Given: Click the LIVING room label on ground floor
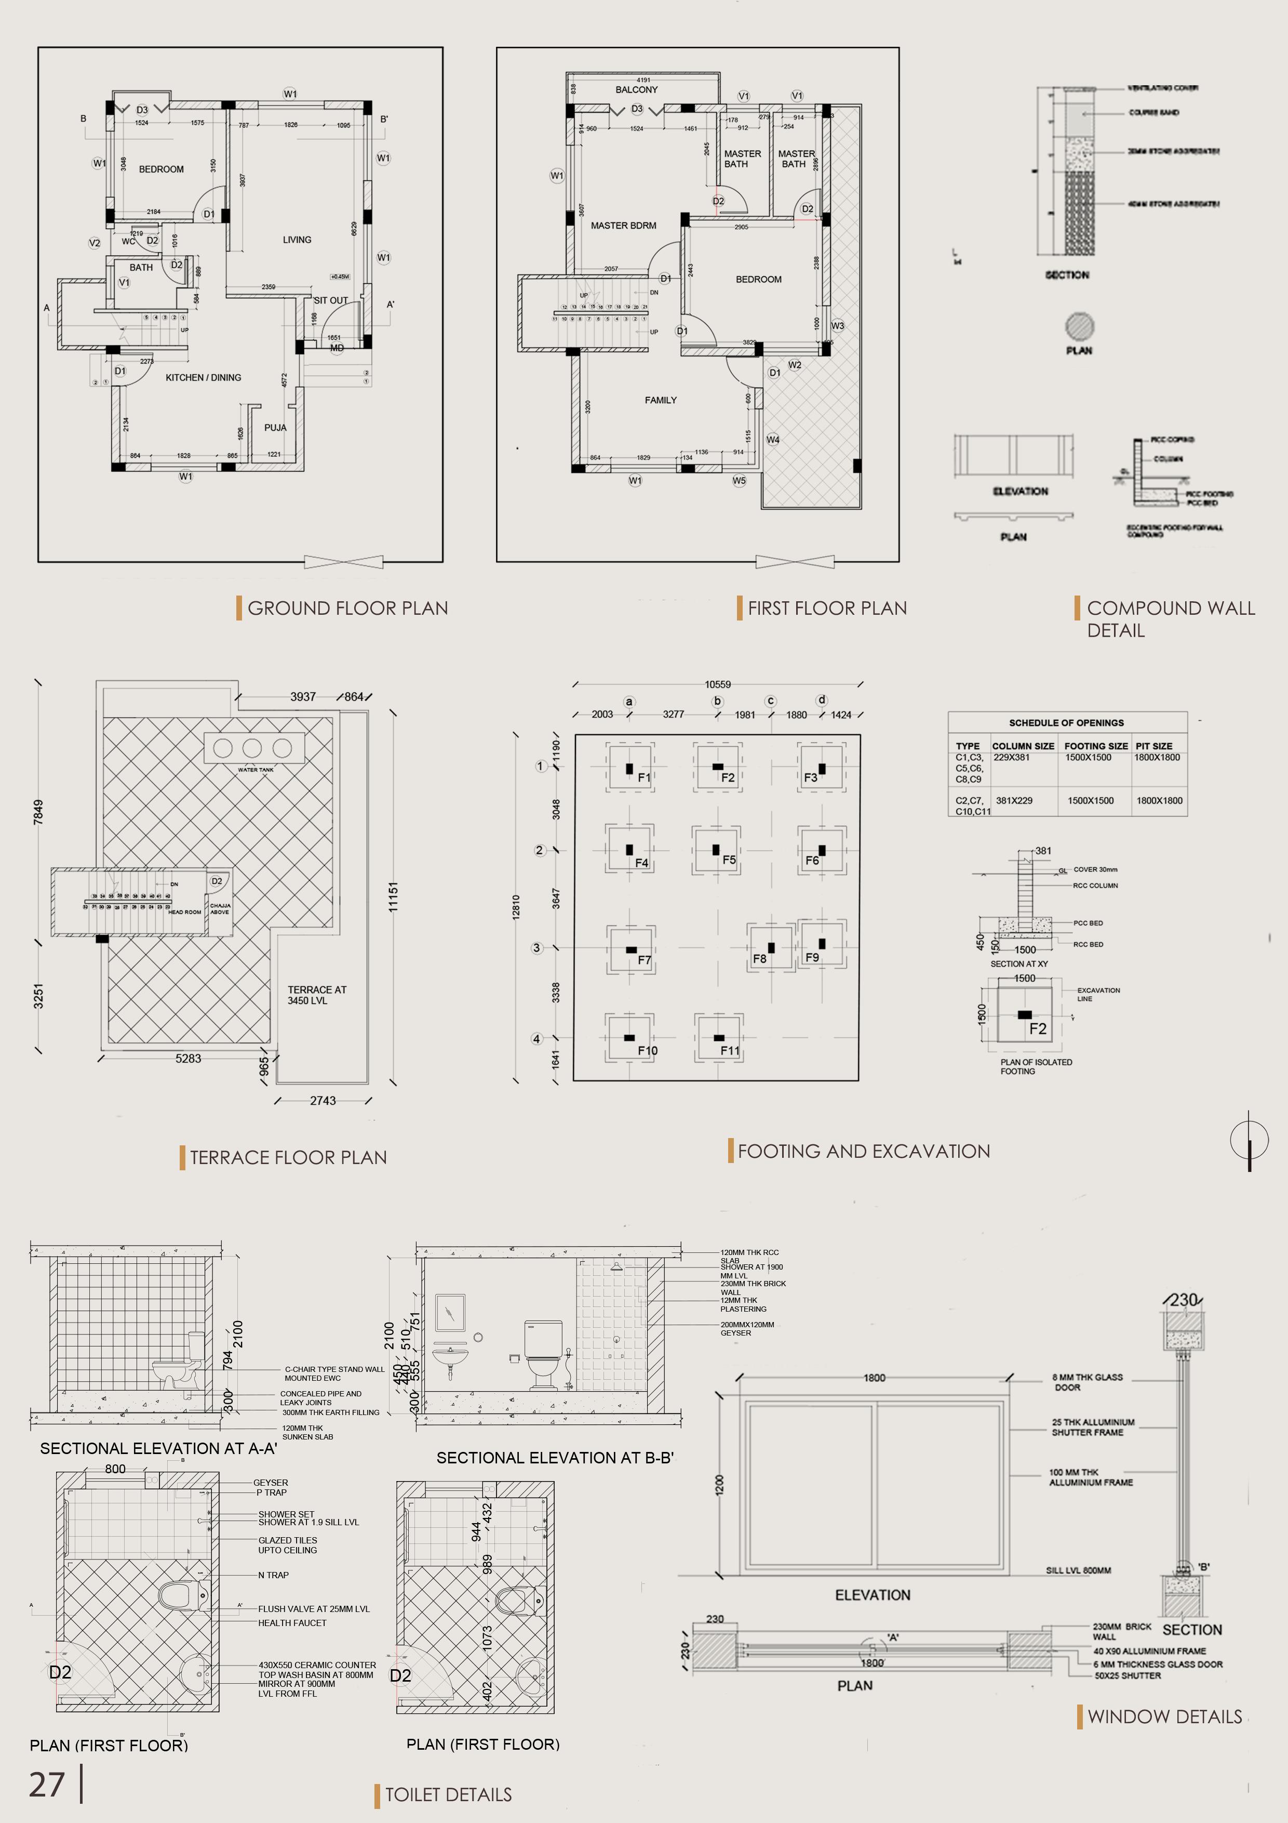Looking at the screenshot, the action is [297, 240].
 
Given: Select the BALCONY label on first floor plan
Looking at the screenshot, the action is [636, 90].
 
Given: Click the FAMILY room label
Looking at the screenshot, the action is [660, 400].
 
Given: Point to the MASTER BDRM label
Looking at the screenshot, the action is [623, 226].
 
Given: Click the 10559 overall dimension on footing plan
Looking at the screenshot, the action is [717, 684].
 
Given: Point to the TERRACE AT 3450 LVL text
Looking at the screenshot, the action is [317, 995].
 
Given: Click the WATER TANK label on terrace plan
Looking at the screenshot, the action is [256, 770].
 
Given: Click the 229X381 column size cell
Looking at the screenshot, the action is [1012, 758].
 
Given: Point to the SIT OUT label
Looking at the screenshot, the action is [331, 301].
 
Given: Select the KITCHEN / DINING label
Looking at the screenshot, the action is [203, 377].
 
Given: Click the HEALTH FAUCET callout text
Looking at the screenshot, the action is [292, 1623].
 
